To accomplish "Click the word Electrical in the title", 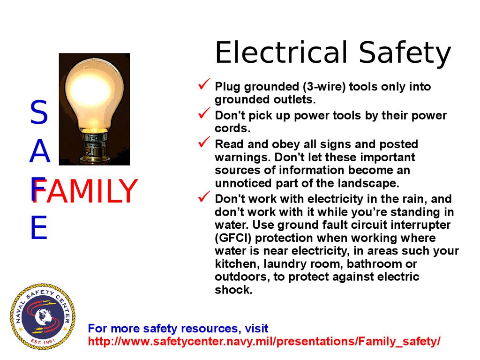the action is [x=282, y=52].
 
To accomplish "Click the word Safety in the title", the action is [x=405, y=54].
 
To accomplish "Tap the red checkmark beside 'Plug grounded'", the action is [x=204, y=84].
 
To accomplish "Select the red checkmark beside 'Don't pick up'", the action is [x=204, y=113].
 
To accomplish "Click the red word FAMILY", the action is [x=85, y=191].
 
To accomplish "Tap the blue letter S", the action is [x=39, y=112].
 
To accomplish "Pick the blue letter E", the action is [x=39, y=227].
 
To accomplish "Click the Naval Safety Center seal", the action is [x=43, y=316].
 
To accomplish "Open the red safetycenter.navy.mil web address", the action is [x=264, y=341].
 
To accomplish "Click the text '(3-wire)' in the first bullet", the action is [x=324, y=87].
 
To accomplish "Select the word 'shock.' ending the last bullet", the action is [x=233, y=290].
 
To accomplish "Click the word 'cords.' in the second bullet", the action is [x=232, y=128].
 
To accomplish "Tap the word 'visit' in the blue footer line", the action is [x=256, y=329].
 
